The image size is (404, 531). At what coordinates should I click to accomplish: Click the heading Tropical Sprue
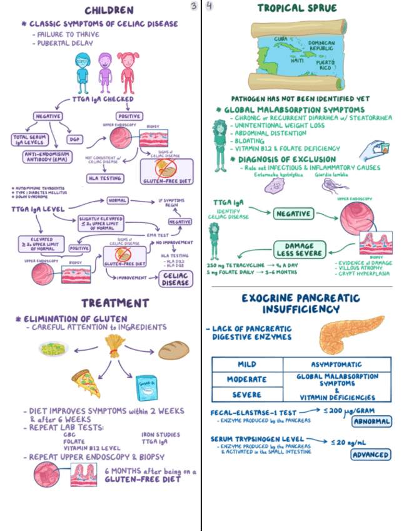pos(297,8)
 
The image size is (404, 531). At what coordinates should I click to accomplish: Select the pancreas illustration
pos(343,334)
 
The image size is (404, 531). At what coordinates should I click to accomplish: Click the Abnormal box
pos(371,421)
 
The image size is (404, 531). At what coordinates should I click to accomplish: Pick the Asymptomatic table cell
pos(337,364)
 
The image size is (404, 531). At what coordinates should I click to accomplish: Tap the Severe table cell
pos(247,394)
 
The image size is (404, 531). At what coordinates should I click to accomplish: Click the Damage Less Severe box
pos(299,249)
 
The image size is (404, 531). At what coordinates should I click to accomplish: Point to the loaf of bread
pos(173,350)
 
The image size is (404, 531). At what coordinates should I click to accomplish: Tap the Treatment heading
pos(114,303)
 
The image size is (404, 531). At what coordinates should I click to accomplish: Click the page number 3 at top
pos(194,6)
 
